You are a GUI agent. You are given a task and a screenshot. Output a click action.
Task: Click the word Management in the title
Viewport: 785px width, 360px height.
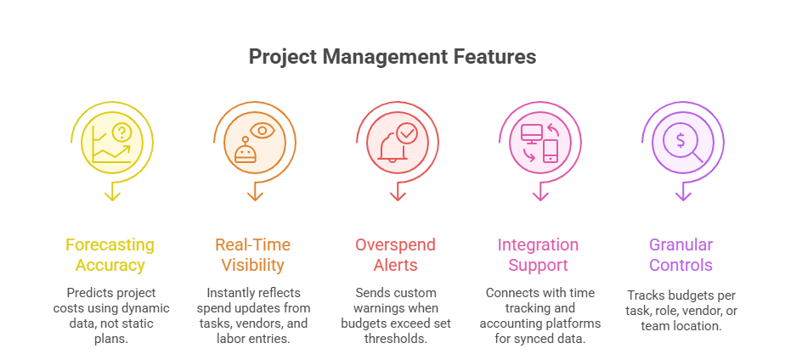pos(370,57)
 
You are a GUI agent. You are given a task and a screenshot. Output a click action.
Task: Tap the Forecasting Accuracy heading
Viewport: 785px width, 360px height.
pos(110,255)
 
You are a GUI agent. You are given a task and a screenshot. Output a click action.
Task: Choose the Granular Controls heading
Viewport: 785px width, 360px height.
pos(681,255)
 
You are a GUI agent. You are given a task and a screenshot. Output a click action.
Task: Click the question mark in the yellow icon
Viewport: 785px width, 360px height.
pos(123,132)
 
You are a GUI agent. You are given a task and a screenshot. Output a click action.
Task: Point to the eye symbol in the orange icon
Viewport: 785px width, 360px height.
pos(261,131)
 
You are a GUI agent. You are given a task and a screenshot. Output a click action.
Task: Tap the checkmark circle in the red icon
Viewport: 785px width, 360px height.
pos(407,132)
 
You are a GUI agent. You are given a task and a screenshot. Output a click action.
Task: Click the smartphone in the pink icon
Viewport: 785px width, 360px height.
pos(551,150)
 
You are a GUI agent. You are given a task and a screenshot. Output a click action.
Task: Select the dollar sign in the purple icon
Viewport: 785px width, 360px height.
pos(680,139)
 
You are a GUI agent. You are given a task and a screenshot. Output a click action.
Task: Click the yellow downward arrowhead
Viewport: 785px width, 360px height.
pos(111,195)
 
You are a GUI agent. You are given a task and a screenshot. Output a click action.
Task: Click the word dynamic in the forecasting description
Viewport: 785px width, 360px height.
pos(146,307)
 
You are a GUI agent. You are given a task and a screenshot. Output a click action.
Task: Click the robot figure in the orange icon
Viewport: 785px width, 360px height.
pos(245,151)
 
